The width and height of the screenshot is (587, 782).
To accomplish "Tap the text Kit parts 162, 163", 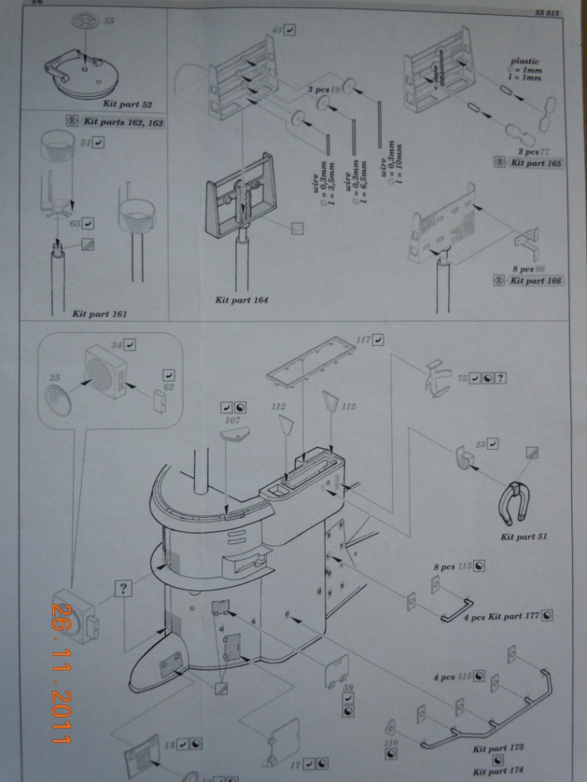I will [123, 121].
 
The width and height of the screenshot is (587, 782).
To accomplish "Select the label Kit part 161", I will [100, 313].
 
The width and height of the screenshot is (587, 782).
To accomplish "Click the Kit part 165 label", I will [536, 163].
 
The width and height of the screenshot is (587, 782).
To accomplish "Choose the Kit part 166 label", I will [536, 281].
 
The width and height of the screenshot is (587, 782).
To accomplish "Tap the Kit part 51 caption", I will [524, 537].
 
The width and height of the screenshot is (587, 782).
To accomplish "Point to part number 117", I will [363, 338].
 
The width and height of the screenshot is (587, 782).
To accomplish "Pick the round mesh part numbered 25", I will [59, 399].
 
